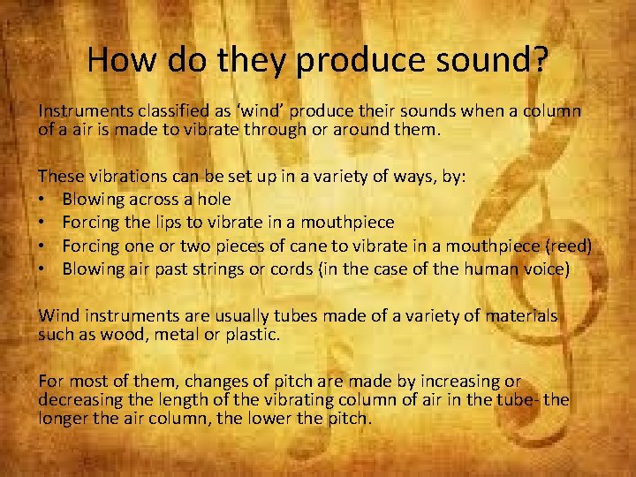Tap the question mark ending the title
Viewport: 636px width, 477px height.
540,61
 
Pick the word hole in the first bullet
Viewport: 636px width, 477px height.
212,200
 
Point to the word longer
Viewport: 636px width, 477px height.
64,418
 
